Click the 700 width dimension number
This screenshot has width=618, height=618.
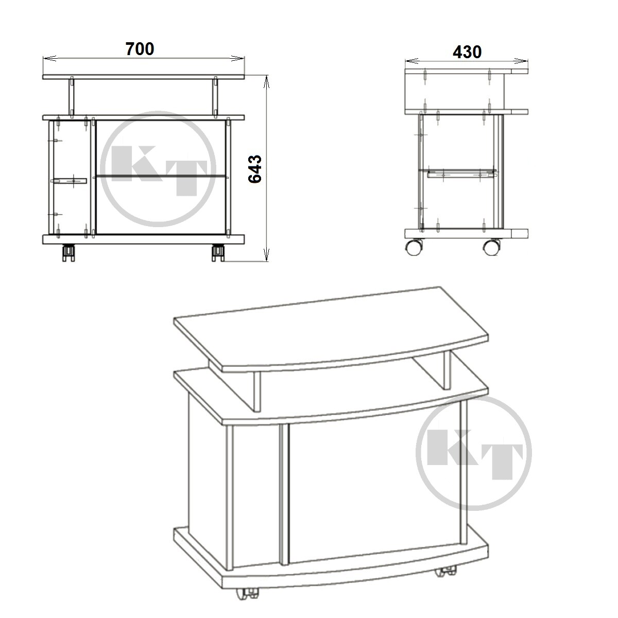(140, 49)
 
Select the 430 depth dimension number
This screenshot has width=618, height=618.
(467, 51)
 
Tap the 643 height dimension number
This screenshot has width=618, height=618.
(255, 169)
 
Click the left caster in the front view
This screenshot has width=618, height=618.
(68, 253)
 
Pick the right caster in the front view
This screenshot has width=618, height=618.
(218, 253)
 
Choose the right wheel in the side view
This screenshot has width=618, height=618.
(492, 247)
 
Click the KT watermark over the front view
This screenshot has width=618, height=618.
(158, 169)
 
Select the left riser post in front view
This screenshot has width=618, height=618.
(72, 96)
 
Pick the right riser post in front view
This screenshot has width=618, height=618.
(215, 96)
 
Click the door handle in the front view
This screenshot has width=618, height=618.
(68, 181)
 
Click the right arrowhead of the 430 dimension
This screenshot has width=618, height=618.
(521, 61)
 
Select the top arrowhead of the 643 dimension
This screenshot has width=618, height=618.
(266, 82)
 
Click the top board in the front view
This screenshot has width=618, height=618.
(144, 77)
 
